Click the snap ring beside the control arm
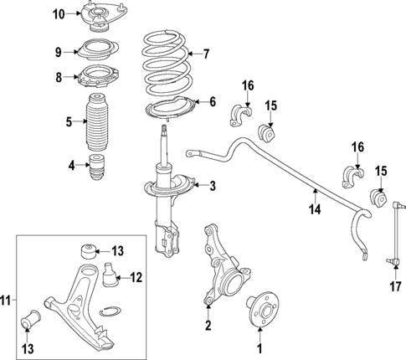point(109,313)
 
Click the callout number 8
point(58,78)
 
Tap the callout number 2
point(208,325)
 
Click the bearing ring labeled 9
point(100,49)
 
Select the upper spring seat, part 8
point(100,77)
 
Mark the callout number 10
point(58,14)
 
